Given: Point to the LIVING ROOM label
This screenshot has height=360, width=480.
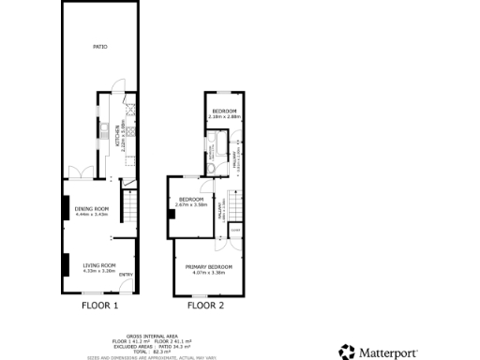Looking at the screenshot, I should (x=97, y=265).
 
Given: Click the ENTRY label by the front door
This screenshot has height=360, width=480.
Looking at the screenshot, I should (x=125, y=274).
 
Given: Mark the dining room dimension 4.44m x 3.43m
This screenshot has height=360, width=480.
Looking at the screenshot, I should (x=92, y=215).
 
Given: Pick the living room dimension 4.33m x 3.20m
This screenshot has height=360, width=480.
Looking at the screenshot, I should (x=97, y=271).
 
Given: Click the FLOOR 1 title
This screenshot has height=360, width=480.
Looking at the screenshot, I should (x=100, y=306).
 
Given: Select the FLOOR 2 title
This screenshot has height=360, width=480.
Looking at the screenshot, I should (x=205, y=306).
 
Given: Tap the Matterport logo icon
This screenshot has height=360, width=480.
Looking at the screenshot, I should (x=346, y=352).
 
